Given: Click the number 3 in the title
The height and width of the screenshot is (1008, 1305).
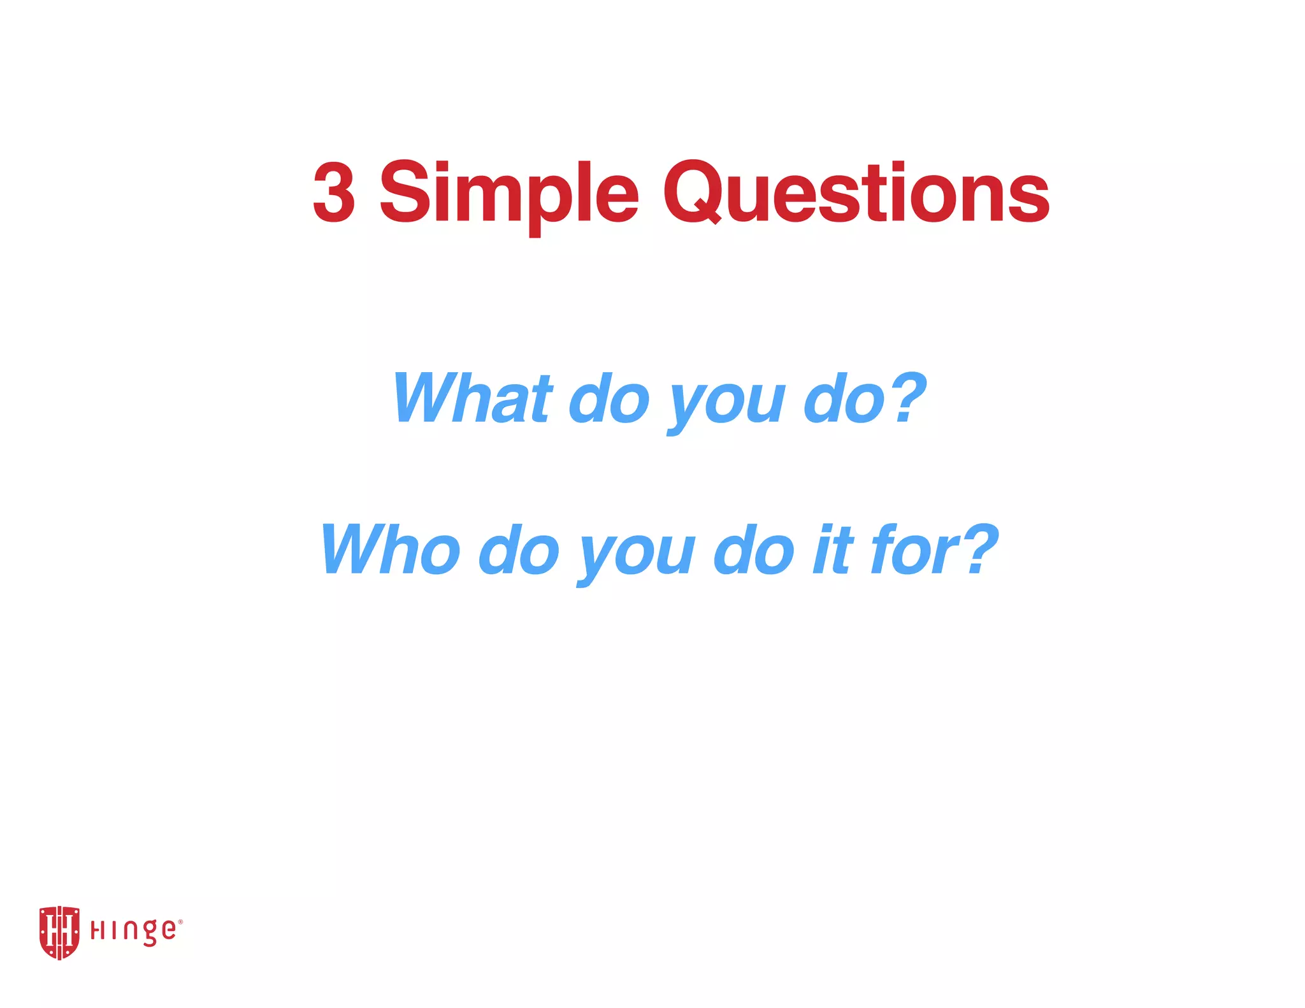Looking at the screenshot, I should click(x=334, y=192).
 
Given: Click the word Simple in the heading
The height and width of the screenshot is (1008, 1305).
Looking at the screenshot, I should click(x=508, y=192).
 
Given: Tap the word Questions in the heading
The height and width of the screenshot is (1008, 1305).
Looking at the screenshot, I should click(x=856, y=192).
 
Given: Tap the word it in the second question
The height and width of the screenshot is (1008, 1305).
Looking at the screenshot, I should click(x=833, y=549).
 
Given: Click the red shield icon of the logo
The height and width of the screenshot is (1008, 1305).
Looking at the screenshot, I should click(x=59, y=932).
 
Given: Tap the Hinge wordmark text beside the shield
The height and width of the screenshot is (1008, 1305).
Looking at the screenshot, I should click(x=134, y=932).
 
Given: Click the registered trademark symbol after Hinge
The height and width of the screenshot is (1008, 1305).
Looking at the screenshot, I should click(x=180, y=922).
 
